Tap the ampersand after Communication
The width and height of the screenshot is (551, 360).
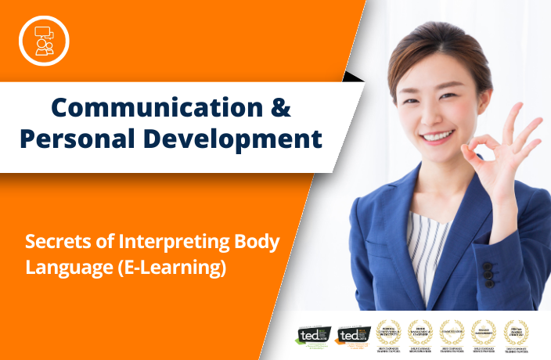point(279,106)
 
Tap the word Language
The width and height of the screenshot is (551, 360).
point(60,268)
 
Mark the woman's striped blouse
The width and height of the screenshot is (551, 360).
point(426,250)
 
